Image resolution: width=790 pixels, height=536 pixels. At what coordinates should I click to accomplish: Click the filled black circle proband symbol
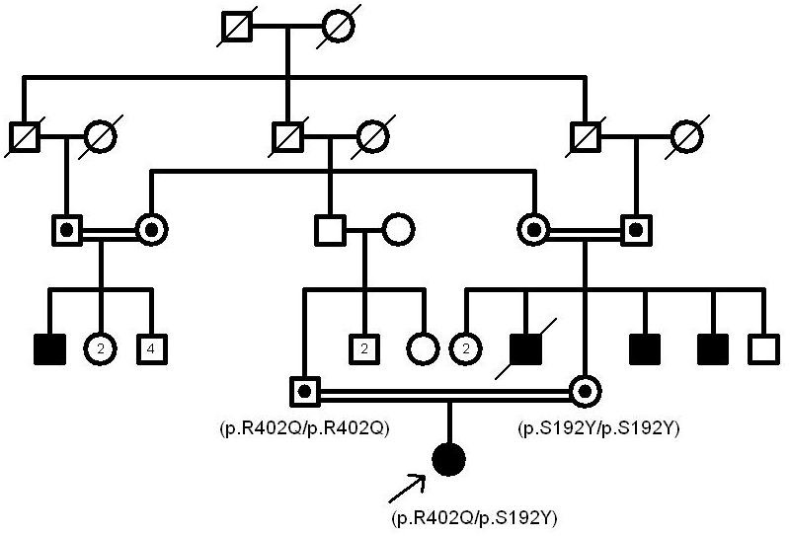449,459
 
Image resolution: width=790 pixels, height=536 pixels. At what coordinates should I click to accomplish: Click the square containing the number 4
152,347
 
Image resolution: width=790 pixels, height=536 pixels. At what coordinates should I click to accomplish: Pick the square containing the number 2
363,347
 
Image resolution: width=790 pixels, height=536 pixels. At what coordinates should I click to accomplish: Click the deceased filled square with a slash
525,347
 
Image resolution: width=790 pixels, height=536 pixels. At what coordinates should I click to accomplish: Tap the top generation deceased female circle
338,26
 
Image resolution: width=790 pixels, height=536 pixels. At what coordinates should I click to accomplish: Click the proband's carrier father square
303,391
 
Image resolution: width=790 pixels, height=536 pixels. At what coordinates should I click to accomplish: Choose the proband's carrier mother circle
585,391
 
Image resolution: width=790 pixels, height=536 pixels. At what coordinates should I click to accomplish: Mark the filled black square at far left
49,347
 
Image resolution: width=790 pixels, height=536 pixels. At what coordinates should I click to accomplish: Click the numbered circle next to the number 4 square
100,347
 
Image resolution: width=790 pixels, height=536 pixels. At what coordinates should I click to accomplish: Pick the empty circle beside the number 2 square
422,347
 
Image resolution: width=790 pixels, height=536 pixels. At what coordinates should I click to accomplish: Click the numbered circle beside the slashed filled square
465,347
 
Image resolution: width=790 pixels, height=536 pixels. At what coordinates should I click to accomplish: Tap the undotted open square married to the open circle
330,230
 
